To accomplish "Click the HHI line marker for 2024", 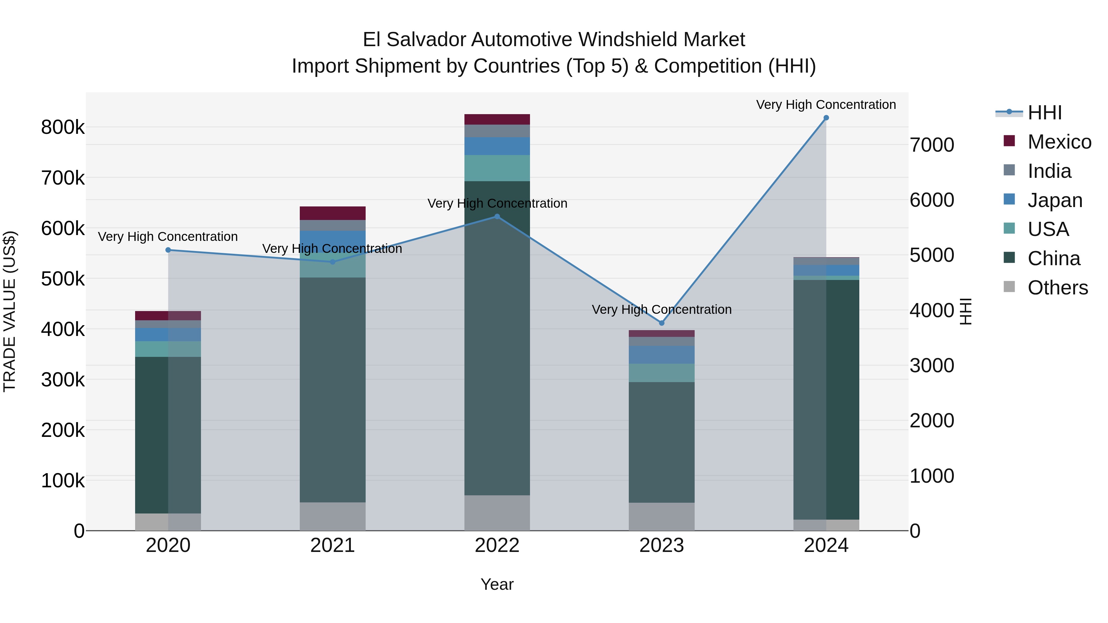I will pyautogui.click(x=826, y=118).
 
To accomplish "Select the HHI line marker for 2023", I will pyautogui.click(x=661, y=323).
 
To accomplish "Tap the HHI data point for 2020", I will pyautogui.click(x=168, y=250).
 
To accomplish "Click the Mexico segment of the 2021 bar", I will pyautogui.click(x=332, y=213).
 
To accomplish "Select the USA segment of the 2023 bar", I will pyautogui.click(x=661, y=373).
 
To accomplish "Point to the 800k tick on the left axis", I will pyautogui.click(x=63, y=127).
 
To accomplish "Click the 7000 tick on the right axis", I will pyautogui.click(x=932, y=145).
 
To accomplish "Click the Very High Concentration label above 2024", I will pyautogui.click(x=826, y=105).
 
